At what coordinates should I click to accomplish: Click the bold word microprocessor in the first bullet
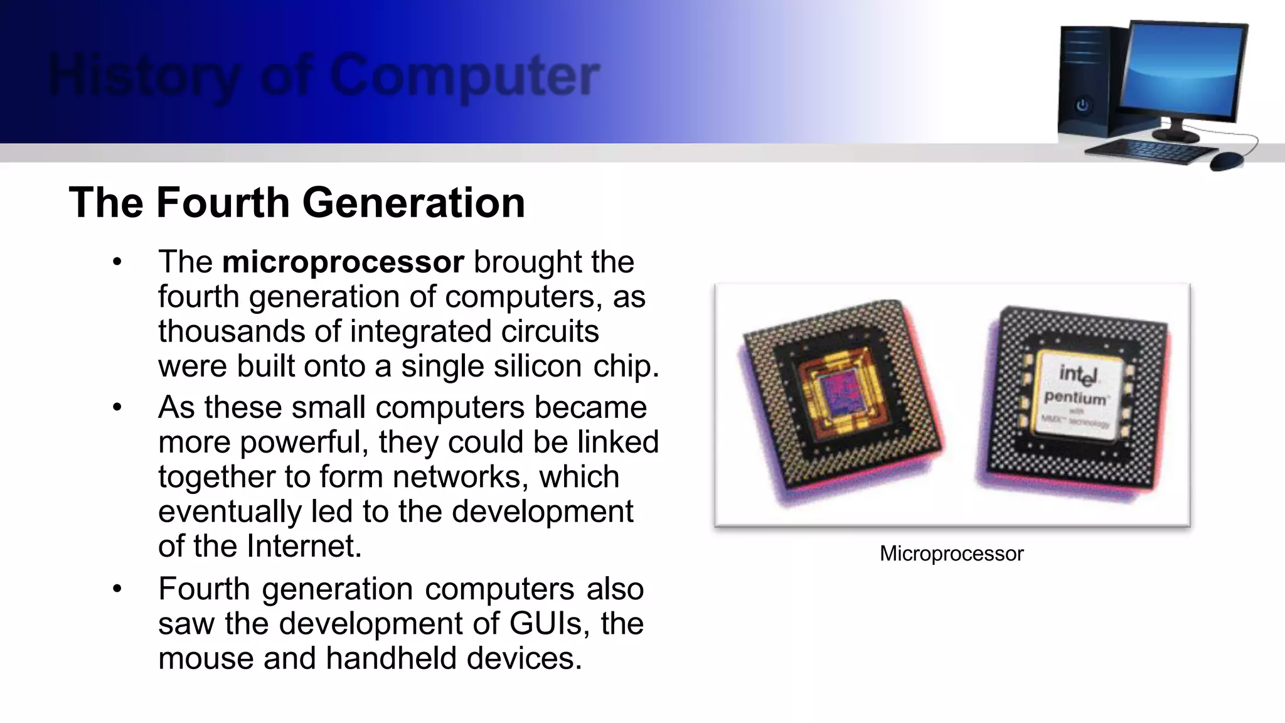[x=343, y=262]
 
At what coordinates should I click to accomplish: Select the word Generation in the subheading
[x=413, y=203]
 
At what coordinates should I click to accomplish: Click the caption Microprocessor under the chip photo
[x=951, y=554]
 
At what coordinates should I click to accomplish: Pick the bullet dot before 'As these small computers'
[x=117, y=408]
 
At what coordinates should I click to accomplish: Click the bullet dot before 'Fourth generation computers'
[x=117, y=589]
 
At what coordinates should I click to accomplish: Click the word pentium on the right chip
[x=1075, y=398]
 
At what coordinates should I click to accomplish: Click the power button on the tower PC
[x=1082, y=105]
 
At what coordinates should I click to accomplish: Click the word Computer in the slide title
[x=464, y=77]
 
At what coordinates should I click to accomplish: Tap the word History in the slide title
[x=144, y=77]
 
